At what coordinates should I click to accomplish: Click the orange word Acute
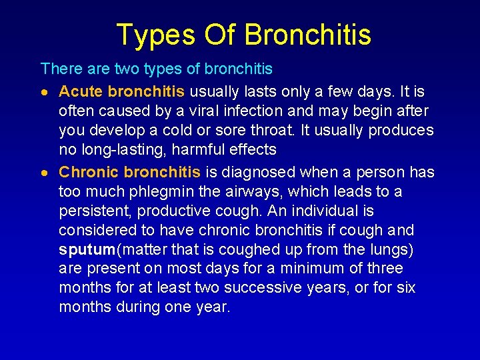coord(81,91)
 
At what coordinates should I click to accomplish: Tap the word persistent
coord(95,211)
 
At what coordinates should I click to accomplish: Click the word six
coord(405,288)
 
